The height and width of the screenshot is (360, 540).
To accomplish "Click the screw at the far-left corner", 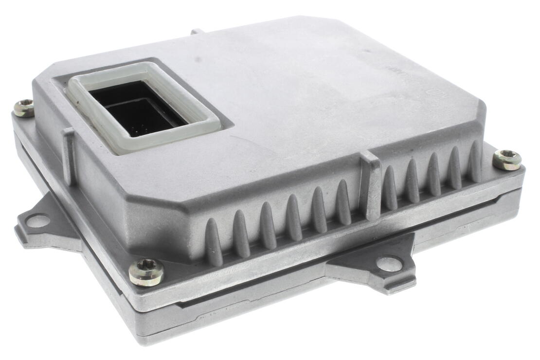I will tap(23, 108).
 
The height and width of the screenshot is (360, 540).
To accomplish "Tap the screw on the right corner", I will tap(506, 160).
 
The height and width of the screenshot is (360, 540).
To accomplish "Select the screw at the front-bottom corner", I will tap(146, 272).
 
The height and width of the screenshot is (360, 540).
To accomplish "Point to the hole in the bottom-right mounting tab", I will tap(389, 264).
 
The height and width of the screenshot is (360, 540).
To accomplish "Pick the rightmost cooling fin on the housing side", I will tap(475, 161).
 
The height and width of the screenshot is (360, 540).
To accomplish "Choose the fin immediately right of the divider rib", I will tap(390, 188).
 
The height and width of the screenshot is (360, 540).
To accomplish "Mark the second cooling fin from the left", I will tap(241, 233).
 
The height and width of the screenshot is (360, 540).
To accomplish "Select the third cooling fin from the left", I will tap(268, 224).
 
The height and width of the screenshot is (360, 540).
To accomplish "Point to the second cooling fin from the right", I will tap(454, 167).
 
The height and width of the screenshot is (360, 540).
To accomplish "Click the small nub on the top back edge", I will tap(197, 32).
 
